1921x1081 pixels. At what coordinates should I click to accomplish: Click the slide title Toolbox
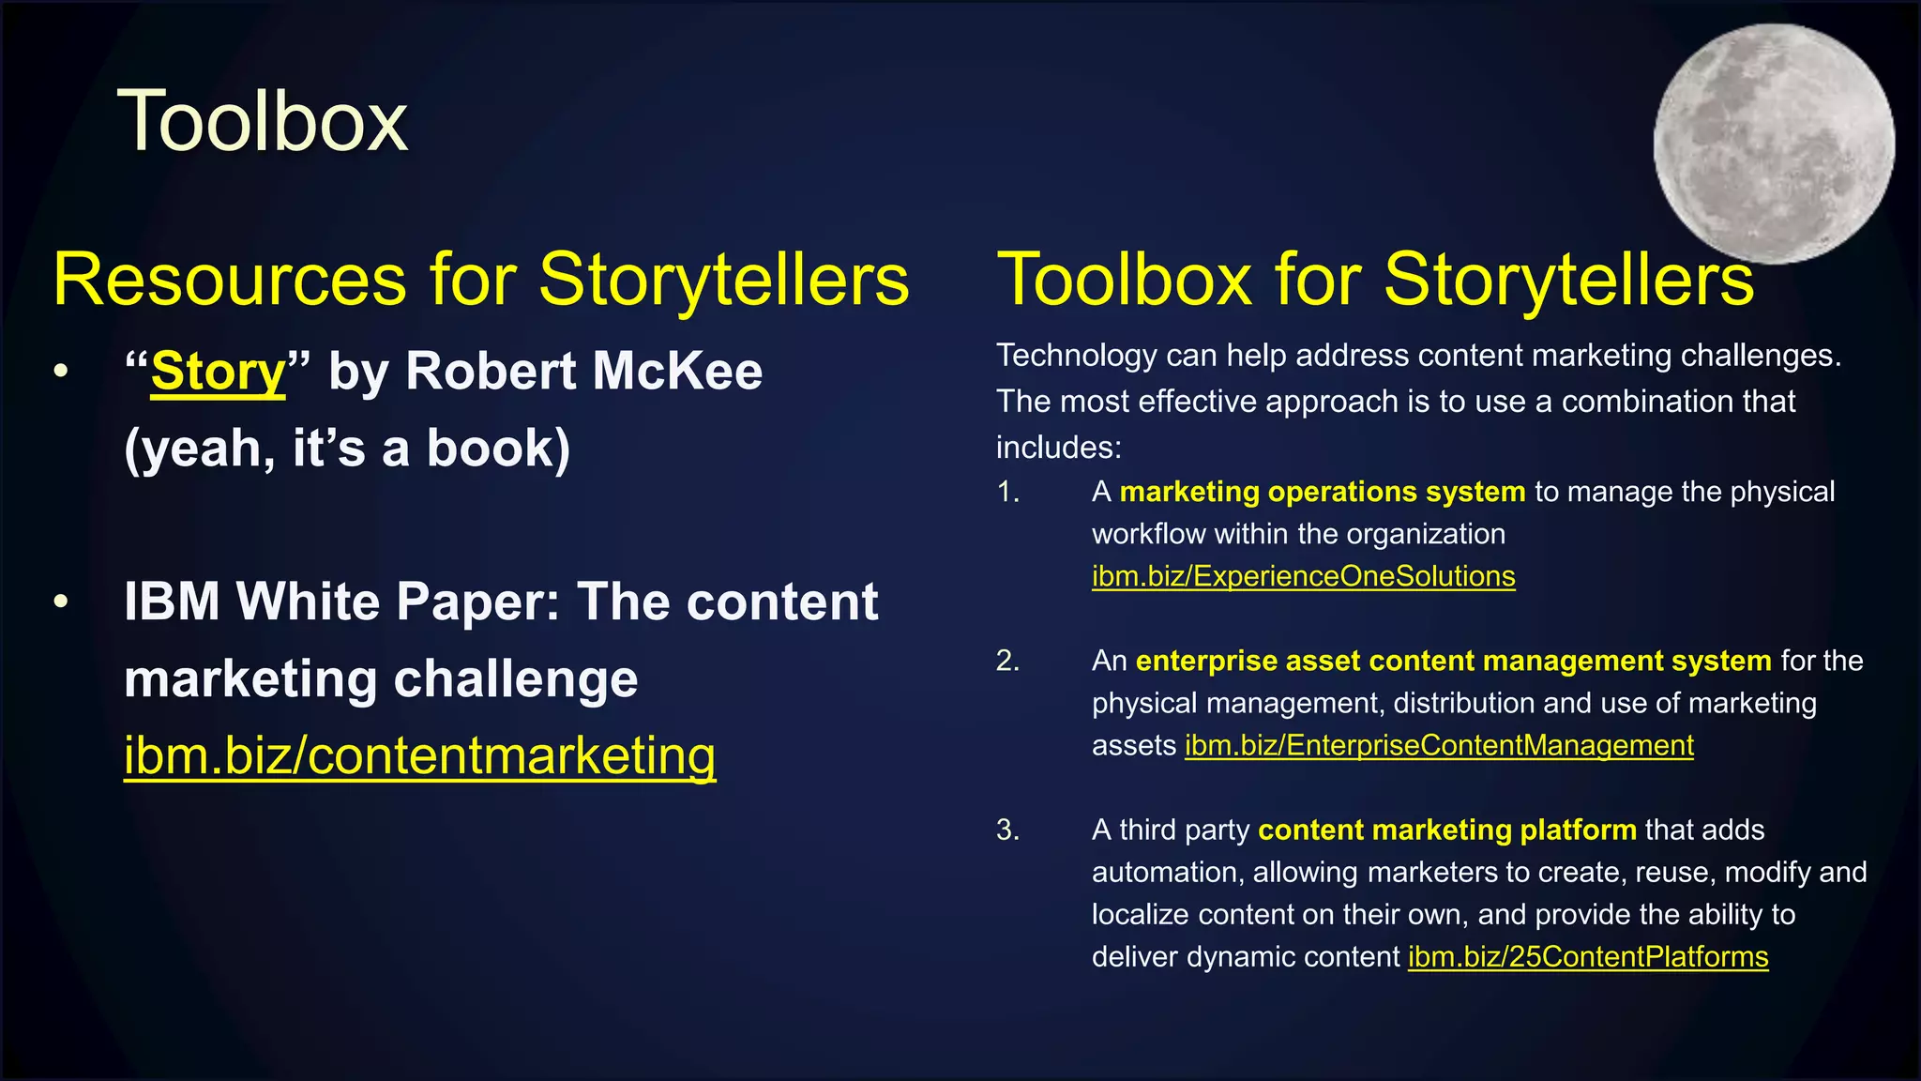[x=262, y=121]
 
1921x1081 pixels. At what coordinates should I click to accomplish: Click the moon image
[x=1773, y=144]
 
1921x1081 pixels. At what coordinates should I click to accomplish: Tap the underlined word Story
[x=218, y=372]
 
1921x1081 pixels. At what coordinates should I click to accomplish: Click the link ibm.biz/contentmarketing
[x=419, y=755]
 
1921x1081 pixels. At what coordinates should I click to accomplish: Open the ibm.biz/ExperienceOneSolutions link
[x=1303, y=576]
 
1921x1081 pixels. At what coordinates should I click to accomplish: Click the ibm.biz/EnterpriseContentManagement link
[x=1439, y=746]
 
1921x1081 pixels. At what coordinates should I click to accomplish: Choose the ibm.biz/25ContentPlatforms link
[x=1587, y=957]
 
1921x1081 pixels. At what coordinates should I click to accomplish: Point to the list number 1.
[x=1007, y=493]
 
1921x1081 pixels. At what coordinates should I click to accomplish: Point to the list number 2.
[x=1007, y=662]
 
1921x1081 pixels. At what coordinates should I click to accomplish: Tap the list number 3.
[x=1007, y=830]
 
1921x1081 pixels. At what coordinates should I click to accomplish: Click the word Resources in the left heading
[x=230, y=280]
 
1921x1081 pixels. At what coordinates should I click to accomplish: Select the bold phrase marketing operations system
[x=1323, y=493]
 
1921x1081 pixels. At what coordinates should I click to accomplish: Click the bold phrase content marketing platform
[x=1446, y=830]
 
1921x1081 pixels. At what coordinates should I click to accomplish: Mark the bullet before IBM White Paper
[x=61, y=602]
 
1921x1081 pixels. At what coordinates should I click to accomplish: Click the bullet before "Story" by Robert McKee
[x=61, y=372]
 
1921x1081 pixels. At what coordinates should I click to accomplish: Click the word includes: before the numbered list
[x=1058, y=448]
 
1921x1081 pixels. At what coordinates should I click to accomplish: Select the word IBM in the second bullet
[x=172, y=602]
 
